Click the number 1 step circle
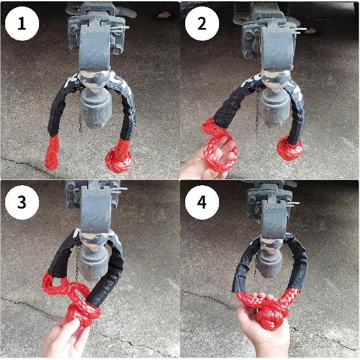tap(22, 23)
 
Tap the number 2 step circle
tap(202, 23)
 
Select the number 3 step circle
tap(22, 203)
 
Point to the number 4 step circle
tap(202, 203)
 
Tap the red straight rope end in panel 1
tap(52, 152)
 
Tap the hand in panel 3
tap(66, 337)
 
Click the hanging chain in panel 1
tap(81, 112)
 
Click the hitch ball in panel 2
tap(273, 81)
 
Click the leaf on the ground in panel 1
tap(164, 15)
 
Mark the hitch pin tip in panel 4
tap(298, 203)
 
